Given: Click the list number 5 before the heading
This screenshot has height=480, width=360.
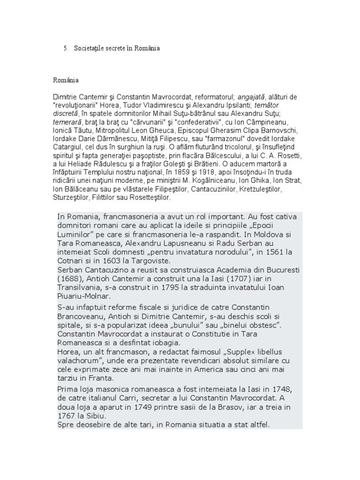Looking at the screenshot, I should [65, 48].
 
